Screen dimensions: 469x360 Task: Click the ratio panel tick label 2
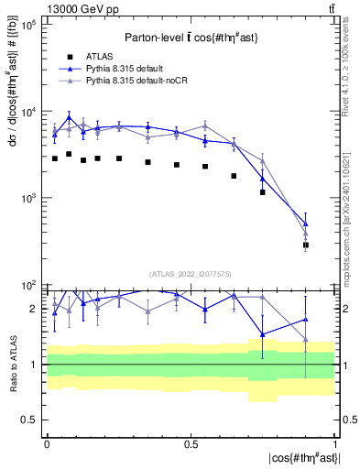(34, 309)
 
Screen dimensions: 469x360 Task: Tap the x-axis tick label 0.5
(191, 442)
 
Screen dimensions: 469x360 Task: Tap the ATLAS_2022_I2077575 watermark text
(191, 274)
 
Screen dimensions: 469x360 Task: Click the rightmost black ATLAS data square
(306, 245)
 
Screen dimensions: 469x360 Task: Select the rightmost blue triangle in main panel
(306, 224)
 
